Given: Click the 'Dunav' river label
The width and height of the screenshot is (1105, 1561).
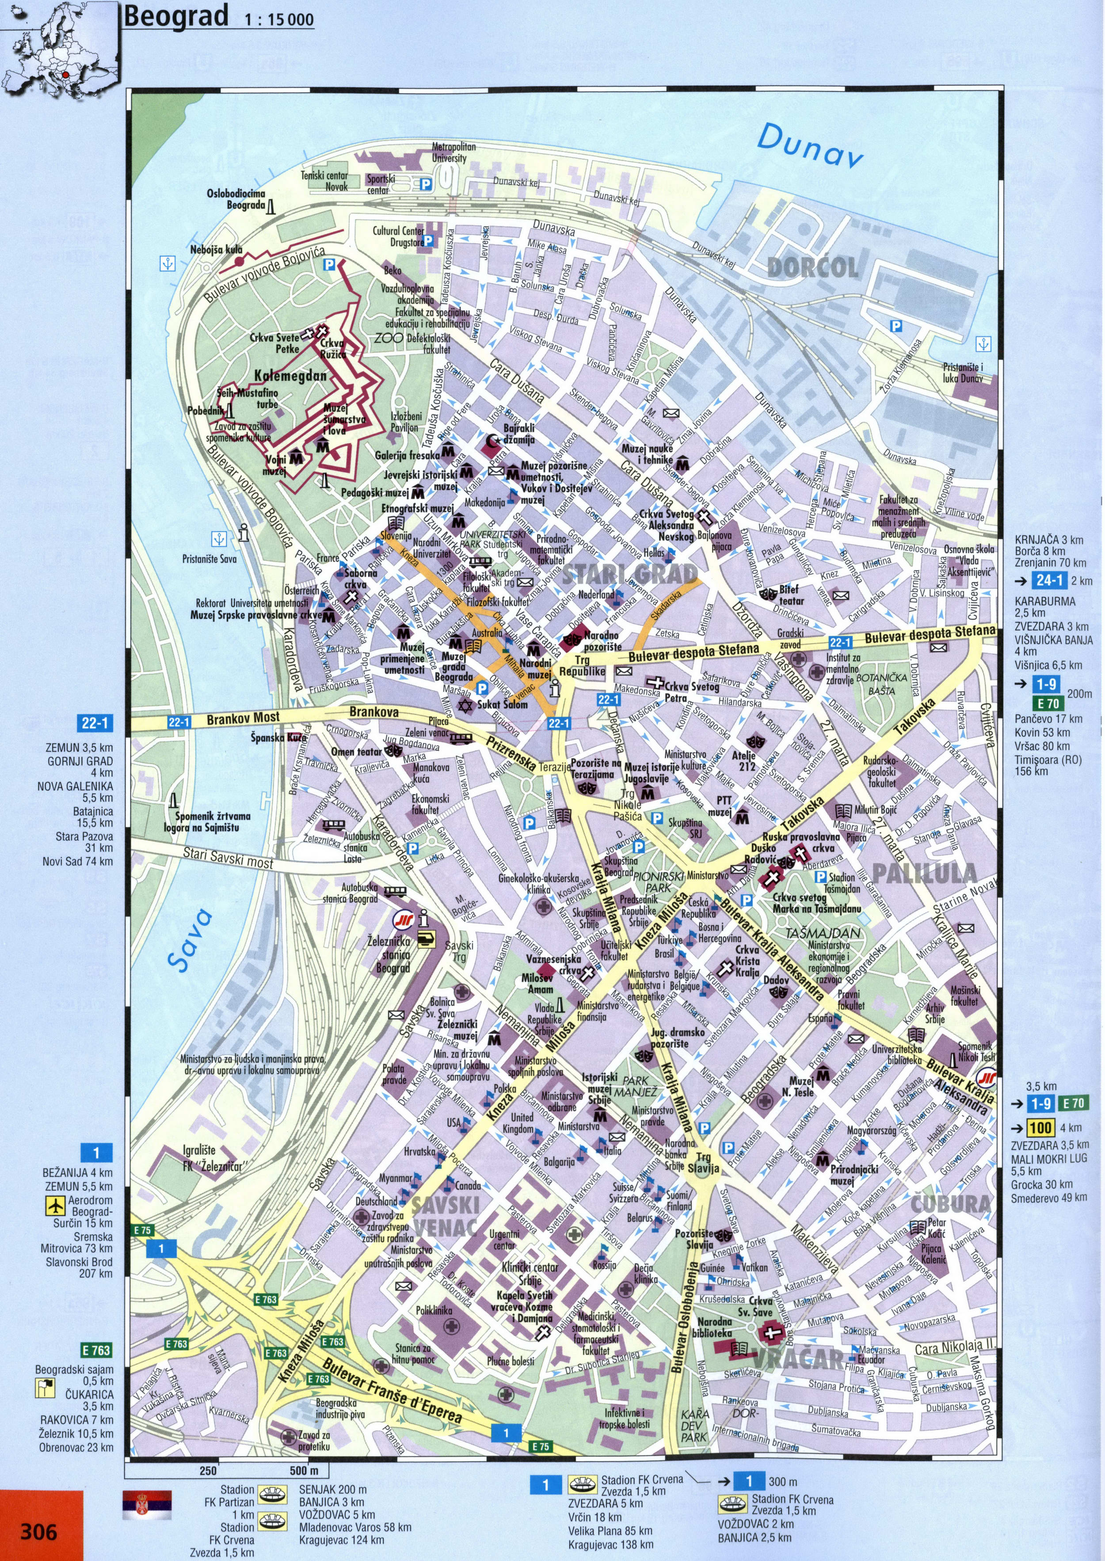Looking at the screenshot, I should tap(810, 145).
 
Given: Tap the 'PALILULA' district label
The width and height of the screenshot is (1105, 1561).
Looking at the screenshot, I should tap(925, 873).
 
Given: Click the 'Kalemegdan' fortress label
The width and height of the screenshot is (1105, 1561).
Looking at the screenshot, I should tap(290, 376).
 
